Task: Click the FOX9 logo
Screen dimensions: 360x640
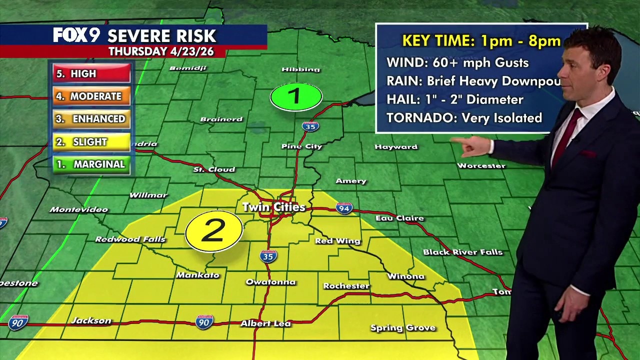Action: [x=76, y=35]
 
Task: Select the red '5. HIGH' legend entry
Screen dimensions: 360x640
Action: [x=91, y=73]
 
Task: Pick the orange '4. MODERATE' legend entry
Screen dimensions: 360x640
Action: [x=91, y=96]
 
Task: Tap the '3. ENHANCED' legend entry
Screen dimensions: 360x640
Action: [x=91, y=119]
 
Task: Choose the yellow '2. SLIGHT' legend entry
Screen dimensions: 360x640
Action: [x=91, y=142]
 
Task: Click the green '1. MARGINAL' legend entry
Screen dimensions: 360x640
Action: [x=91, y=164]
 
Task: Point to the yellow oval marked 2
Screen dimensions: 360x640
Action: [x=214, y=231]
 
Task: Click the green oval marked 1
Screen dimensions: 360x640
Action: [x=296, y=96]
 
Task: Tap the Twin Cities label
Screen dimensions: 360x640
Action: [x=273, y=207]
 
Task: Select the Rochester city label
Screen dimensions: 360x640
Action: [x=346, y=286]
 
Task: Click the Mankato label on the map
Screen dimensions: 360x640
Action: [x=197, y=275]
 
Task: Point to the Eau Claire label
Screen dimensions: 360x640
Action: [x=399, y=218]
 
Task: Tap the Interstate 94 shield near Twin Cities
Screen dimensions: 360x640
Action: [x=344, y=208]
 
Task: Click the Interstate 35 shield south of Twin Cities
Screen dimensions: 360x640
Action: [x=268, y=256]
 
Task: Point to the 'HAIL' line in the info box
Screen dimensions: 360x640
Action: [x=454, y=99]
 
